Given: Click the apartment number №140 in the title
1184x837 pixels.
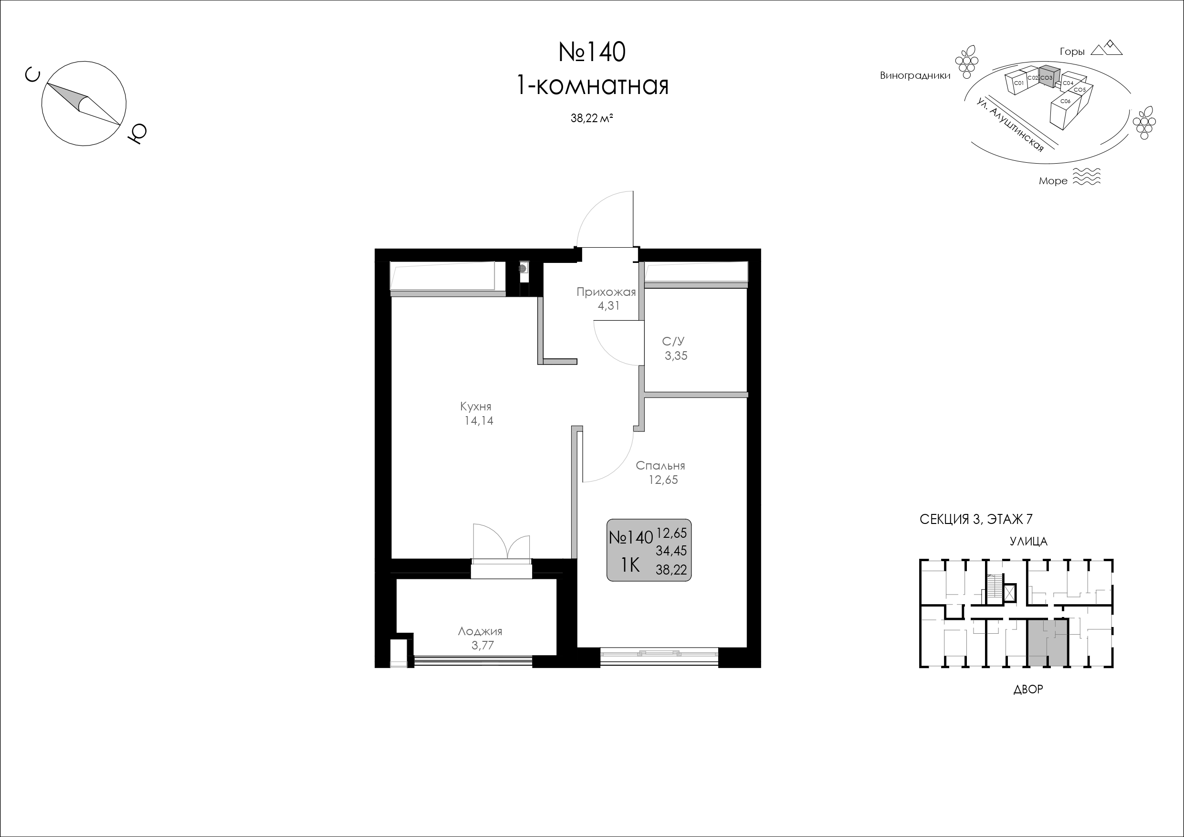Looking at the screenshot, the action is (x=592, y=52).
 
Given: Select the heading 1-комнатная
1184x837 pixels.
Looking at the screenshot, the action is (x=592, y=85).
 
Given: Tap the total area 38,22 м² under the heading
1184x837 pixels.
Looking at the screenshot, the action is (x=591, y=118).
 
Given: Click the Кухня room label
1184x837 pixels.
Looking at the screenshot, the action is (x=475, y=407).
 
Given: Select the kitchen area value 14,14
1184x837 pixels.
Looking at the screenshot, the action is (x=479, y=421).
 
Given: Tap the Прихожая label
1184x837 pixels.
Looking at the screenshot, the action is (x=606, y=293).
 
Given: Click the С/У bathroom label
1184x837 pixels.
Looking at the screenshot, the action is (x=673, y=341).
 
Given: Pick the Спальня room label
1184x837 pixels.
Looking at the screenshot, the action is (x=660, y=466).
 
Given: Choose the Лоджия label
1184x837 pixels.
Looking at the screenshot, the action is (x=480, y=631).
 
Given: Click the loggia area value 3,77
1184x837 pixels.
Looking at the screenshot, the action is (x=482, y=645).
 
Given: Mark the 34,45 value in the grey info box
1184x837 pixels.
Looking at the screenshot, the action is (x=671, y=551).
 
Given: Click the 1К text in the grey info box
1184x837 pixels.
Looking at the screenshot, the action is (x=629, y=566).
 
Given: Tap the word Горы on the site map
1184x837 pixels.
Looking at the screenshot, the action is (x=1072, y=52).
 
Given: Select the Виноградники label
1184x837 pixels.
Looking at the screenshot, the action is (x=915, y=76).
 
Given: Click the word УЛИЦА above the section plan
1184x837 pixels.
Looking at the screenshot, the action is (x=1028, y=542).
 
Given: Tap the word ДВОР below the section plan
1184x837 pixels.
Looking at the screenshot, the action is (x=1028, y=690).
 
